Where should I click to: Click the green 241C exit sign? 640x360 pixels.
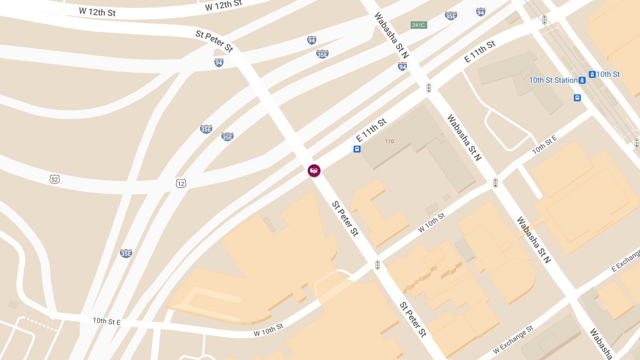click(419, 25)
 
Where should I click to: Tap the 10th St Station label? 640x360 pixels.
click(553, 81)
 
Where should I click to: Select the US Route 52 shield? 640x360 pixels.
click(54, 179)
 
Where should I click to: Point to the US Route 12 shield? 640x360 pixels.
click(181, 183)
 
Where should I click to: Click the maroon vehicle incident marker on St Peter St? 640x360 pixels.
click(314, 171)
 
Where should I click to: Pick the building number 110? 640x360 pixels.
click(389, 141)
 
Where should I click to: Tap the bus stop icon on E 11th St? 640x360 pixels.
click(357, 149)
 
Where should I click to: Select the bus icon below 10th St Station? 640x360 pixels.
click(577, 98)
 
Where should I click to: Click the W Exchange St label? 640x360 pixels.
click(513, 340)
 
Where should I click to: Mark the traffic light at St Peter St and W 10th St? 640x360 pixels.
click(377, 265)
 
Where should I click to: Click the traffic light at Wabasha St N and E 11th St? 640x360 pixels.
click(428, 87)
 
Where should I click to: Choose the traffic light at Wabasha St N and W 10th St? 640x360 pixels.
click(495, 183)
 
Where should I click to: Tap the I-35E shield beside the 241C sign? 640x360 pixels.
click(451, 16)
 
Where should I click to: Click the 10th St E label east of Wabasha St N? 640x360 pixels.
click(544, 145)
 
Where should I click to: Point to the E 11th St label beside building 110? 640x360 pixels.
click(371, 130)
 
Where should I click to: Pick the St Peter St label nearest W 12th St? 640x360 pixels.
click(214, 41)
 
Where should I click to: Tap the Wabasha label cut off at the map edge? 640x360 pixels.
click(601, 344)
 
